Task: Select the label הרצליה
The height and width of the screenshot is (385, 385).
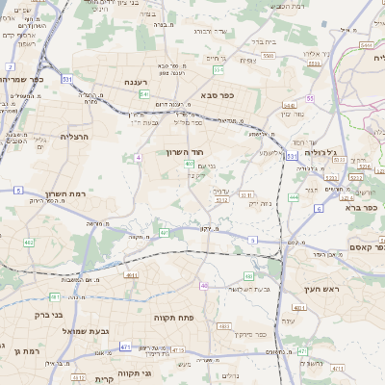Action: (x=75, y=137)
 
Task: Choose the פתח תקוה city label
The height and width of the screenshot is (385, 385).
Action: (x=174, y=315)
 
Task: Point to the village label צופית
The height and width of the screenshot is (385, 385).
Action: (x=247, y=60)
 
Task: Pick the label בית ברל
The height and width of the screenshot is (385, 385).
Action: (x=264, y=42)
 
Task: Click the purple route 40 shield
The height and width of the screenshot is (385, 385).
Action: (x=204, y=285)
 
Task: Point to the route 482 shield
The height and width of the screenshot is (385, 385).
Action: (x=30, y=242)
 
